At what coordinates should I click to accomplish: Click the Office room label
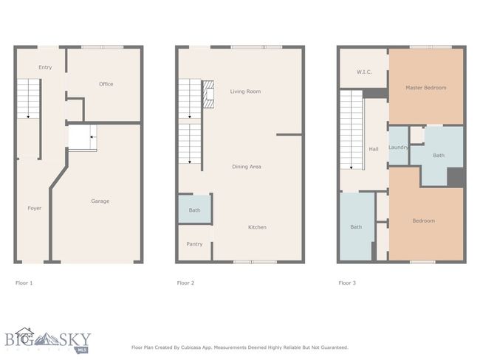coord(106,84)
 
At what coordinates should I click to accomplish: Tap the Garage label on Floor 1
coord(100,201)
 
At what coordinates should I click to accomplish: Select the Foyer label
coord(34,208)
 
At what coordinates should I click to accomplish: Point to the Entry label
coord(45,67)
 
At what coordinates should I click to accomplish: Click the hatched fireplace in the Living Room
coord(208,94)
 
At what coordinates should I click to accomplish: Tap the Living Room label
coord(245,91)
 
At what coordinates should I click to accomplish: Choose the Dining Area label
coord(247,167)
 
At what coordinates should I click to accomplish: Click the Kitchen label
coord(257,227)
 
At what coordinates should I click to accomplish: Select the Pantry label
coord(194,244)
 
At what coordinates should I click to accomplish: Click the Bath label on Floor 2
coord(194,210)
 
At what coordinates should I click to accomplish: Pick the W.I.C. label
coord(364,72)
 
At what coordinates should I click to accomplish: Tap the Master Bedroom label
coord(426,88)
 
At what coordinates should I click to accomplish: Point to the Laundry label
coord(398,148)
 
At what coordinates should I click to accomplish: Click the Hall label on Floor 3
coord(374,149)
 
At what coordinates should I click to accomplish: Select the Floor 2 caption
coord(185,283)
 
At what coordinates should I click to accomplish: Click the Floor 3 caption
coord(347,283)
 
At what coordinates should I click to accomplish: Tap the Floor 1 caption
coord(24,283)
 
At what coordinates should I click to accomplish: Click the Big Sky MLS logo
coord(48,340)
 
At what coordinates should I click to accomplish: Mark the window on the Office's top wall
coord(102,47)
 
